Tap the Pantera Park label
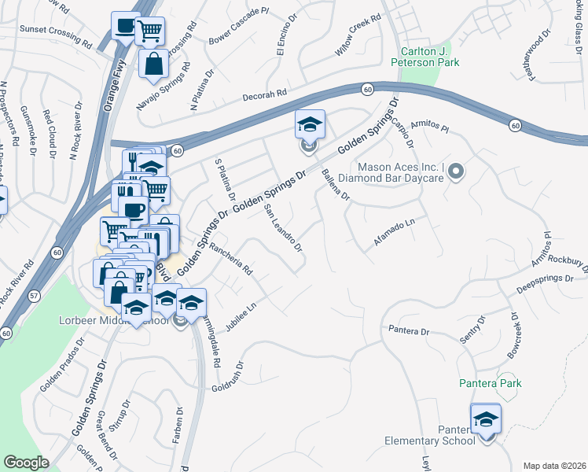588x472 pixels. (491, 383)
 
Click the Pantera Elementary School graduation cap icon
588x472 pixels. (486, 419)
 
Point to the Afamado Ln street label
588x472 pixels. (394, 234)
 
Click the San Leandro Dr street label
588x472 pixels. (283, 228)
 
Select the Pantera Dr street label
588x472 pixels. (408, 330)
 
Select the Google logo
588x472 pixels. (26, 462)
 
